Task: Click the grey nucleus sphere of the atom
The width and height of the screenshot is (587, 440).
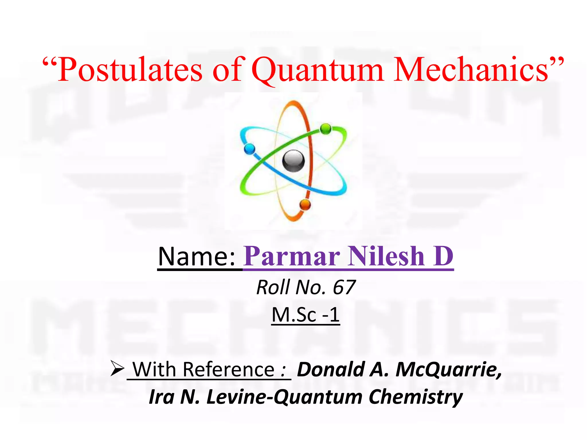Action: point(293,161)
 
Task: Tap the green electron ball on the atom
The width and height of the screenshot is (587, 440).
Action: point(325,129)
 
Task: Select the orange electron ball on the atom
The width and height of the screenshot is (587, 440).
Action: point(305,205)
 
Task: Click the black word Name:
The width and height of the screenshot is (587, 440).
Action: point(197,256)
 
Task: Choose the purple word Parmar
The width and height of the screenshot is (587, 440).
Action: point(292,256)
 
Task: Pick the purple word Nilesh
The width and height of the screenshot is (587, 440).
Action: point(386,256)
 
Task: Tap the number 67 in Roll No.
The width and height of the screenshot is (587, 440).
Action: point(344,287)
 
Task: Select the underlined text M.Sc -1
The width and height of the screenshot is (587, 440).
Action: point(306,315)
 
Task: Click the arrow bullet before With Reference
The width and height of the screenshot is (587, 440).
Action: point(117,369)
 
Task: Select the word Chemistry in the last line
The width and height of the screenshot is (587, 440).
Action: point(416,397)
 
